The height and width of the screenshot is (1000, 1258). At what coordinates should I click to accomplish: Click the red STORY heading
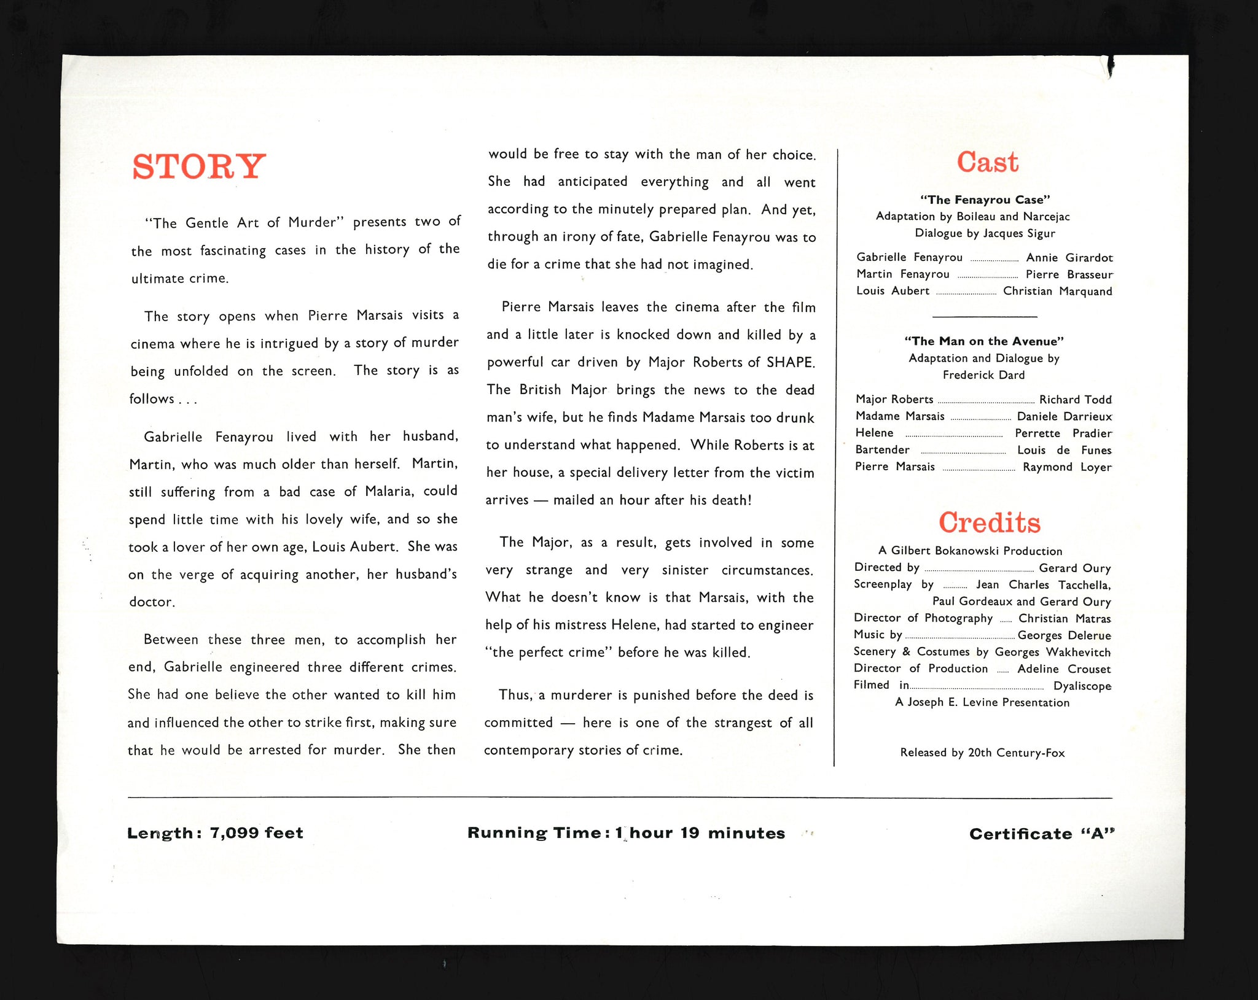(x=199, y=166)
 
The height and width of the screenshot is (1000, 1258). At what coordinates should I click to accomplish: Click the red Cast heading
(x=987, y=163)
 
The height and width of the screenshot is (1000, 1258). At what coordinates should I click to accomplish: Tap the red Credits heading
(x=989, y=522)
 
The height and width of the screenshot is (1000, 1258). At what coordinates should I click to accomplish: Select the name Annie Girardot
(x=1069, y=258)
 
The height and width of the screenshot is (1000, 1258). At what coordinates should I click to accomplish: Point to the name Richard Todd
(x=1075, y=400)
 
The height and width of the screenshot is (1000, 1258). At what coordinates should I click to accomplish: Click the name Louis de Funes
(x=1064, y=450)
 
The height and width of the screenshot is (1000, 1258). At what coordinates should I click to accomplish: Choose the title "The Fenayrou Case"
(x=985, y=200)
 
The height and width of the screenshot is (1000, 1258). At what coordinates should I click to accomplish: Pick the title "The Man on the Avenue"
(x=984, y=341)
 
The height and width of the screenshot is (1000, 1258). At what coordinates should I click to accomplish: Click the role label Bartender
(x=882, y=449)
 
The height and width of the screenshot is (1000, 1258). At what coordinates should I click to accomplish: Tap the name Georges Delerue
(x=1064, y=635)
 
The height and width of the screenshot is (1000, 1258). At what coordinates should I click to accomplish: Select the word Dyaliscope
(x=1082, y=686)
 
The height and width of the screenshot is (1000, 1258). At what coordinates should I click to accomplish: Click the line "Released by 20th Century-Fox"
(x=982, y=753)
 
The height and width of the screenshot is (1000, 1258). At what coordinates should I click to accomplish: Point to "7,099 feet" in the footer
(x=256, y=833)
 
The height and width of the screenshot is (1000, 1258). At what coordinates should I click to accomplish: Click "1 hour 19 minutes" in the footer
(x=700, y=833)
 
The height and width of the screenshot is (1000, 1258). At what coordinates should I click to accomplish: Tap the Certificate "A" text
(x=1042, y=834)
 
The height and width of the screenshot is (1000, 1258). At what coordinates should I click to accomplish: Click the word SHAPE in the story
(x=790, y=362)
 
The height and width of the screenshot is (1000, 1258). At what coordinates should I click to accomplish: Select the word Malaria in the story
(x=389, y=491)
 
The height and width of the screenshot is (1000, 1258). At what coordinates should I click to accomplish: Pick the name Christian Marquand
(x=1057, y=291)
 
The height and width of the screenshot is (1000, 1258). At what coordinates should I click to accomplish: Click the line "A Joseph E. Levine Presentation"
(x=982, y=702)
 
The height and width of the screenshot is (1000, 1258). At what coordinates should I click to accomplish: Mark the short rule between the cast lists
(x=984, y=317)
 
